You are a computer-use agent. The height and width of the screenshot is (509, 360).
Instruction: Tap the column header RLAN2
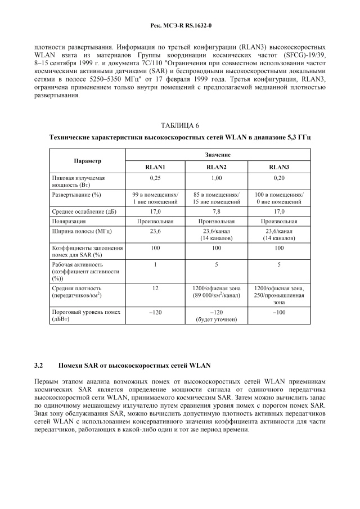pyautogui.click(x=217, y=166)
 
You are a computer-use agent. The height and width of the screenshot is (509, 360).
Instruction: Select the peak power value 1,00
pyautogui.click(x=217, y=178)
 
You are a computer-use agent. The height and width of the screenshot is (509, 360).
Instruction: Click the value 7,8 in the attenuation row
pyautogui.click(x=217, y=211)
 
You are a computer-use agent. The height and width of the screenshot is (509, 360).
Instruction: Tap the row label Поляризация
pyautogui.click(x=71, y=221)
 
